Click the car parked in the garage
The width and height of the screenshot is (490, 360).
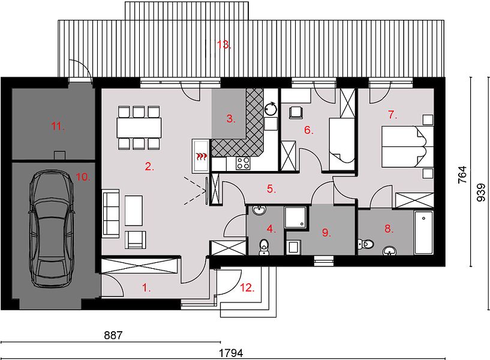click(x=52, y=229)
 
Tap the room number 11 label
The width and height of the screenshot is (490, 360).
click(x=58, y=127)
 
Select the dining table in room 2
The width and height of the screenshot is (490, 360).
click(x=139, y=127)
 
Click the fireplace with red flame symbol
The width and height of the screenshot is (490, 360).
click(x=201, y=155)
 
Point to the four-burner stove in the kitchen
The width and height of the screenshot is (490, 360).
click(x=243, y=163)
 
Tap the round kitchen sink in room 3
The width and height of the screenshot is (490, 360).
click(x=270, y=109)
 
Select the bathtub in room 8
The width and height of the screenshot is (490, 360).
click(x=423, y=232)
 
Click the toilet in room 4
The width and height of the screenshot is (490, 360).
click(x=264, y=247)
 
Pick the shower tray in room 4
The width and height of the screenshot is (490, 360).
click(x=295, y=217)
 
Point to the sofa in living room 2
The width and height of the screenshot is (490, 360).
click(x=110, y=214)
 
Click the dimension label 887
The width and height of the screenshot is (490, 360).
click(x=113, y=335)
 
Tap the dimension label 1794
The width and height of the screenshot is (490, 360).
click(x=231, y=353)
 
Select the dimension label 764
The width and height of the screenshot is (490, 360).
click(x=462, y=175)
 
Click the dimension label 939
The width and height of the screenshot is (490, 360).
click(x=481, y=192)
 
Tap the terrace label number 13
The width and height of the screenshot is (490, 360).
click(x=224, y=44)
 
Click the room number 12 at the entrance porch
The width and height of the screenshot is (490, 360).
click(x=247, y=287)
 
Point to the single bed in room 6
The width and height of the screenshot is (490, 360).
click(x=342, y=144)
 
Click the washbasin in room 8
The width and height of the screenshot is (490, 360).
click(x=389, y=251)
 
